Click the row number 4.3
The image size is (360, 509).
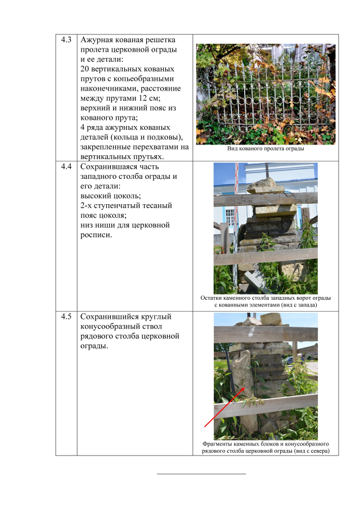(x=66, y=40)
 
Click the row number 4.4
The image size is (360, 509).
(x=66, y=166)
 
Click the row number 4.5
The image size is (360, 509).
(x=66, y=316)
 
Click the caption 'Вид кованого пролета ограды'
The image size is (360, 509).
(x=265, y=148)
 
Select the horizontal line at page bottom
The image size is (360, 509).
(x=201, y=474)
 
